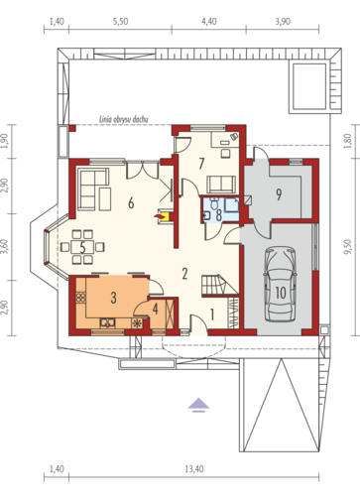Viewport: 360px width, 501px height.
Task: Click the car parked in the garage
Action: click(281, 284)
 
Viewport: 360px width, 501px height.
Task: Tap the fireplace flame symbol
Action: click(160, 216)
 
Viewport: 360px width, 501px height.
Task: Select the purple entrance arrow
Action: click(198, 405)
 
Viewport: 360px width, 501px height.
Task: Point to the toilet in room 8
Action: click(214, 203)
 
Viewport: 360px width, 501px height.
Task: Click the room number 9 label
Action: click(279, 194)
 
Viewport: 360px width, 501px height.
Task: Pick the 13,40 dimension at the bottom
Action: click(194, 469)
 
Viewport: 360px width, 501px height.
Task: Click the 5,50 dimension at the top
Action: click(120, 22)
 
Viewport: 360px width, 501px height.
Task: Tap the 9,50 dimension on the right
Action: click(347, 247)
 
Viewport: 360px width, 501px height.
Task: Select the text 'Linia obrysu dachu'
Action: click(124, 119)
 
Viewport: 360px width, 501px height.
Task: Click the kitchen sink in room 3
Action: click(108, 322)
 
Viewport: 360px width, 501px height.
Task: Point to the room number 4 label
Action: click(155, 309)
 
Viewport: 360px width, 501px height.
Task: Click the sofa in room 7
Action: click(221, 185)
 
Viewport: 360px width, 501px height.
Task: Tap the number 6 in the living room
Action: click(131, 203)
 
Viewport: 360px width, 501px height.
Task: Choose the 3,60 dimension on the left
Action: click(4, 247)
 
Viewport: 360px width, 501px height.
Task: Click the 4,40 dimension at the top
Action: click(209, 22)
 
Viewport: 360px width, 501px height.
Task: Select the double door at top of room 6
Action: click(143, 170)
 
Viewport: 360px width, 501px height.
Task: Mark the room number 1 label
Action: click(212, 314)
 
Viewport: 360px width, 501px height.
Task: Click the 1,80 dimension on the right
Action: click(347, 141)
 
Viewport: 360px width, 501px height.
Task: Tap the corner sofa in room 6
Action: click(94, 188)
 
